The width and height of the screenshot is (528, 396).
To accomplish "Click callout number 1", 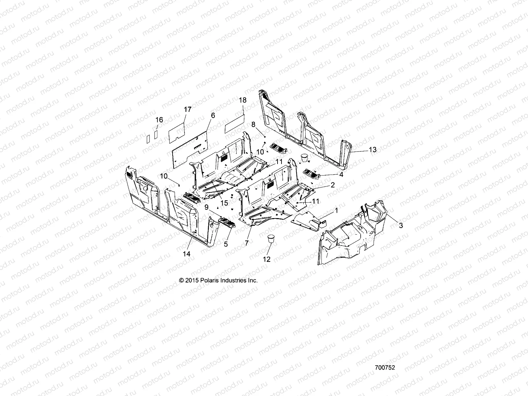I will coord(336,210).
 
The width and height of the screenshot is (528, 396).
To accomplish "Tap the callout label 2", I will coord(333,185).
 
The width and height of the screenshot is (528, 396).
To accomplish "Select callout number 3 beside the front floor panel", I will coord(401,226).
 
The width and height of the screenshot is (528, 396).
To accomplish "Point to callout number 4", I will coord(341,175).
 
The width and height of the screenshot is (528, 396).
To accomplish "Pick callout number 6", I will coord(213,115).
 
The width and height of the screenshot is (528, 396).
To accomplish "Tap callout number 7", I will coord(247,243).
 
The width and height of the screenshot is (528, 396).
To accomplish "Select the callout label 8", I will coord(253,124).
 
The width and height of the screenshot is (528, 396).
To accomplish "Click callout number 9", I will coord(207,207).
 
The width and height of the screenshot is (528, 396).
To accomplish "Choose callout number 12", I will coord(267,259).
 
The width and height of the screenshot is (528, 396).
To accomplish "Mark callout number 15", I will coord(224,203).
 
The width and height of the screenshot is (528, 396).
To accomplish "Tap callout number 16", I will coord(159,120).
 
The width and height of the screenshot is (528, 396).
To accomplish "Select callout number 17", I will coord(187,109).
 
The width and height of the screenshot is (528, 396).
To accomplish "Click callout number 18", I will coord(243,100).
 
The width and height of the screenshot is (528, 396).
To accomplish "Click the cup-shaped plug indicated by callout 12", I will coord(271,238).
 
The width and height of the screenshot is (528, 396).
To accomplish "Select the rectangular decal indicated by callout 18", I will coord(234,123).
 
